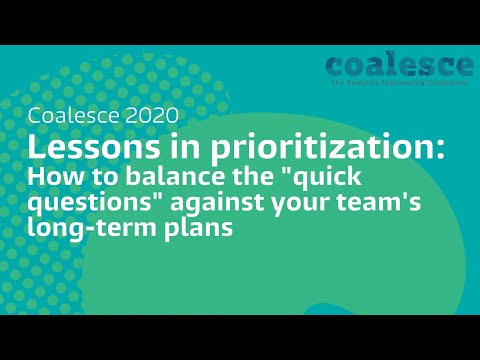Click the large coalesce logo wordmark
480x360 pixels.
click(x=399, y=66)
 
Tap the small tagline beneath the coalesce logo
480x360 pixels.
click(x=400, y=83)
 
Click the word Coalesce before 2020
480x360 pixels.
click(x=73, y=116)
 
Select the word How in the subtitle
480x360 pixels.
click(x=49, y=177)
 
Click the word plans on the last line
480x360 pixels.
click(x=179, y=229)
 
